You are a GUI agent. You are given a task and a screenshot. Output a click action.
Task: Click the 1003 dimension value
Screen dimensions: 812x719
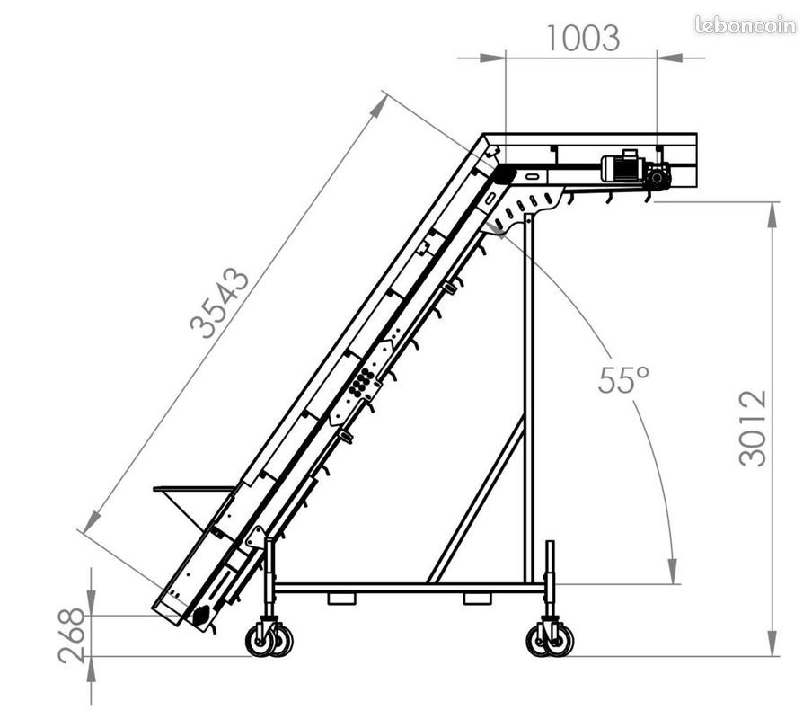coord(583,39)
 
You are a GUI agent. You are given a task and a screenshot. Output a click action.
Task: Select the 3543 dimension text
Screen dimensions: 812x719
coord(219,303)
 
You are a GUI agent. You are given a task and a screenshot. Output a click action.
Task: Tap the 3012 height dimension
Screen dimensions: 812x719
coord(753,428)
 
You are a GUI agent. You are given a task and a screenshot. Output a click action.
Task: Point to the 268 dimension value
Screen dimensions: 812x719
coord(71,635)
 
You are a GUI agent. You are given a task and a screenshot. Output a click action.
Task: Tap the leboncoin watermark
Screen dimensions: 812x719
coord(746,25)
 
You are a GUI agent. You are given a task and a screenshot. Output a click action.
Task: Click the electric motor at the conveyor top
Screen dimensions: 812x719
coord(622,167)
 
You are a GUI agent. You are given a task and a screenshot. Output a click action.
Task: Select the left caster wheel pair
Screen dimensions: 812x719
coord(269,640)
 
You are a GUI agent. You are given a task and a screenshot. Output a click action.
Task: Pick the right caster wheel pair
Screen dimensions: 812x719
coord(550,640)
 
